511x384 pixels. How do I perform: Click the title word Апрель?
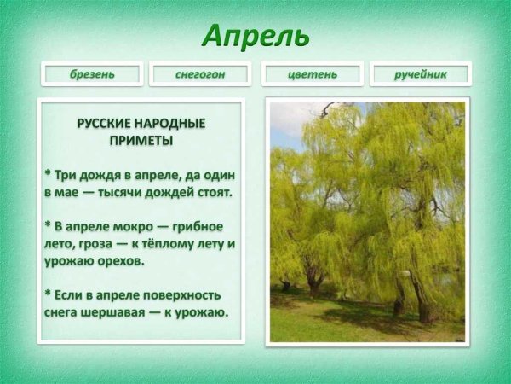255,36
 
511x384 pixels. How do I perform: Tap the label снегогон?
200,74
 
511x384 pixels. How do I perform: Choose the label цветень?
312,74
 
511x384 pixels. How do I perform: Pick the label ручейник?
420,74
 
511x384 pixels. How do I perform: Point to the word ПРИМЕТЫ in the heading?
141,139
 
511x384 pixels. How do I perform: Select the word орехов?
120,261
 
